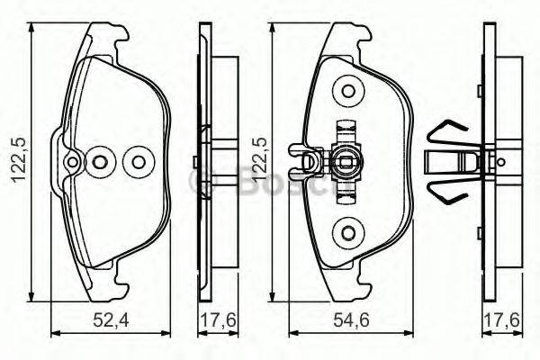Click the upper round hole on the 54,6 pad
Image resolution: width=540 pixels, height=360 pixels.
[x=346, y=91]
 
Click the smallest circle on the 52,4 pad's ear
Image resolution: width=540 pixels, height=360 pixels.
[x=73, y=163]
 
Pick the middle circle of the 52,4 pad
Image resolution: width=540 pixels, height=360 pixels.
[x=102, y=163]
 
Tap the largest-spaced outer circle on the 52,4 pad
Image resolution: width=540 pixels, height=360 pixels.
[x=138, y=163]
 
